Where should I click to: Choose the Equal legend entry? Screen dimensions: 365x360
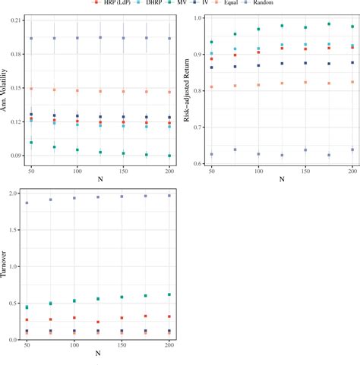coord(242,3)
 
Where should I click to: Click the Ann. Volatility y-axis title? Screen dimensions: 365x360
coord(6,89)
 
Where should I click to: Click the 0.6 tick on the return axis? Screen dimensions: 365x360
coord(197,163)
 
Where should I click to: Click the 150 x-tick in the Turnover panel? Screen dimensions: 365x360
coord(122,345)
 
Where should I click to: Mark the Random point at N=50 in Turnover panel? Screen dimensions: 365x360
coord(27,203)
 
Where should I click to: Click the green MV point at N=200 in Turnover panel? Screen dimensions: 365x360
coord(169,294)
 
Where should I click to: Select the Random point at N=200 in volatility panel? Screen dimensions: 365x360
coord(169,38)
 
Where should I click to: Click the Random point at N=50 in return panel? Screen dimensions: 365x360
coord(211,154)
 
